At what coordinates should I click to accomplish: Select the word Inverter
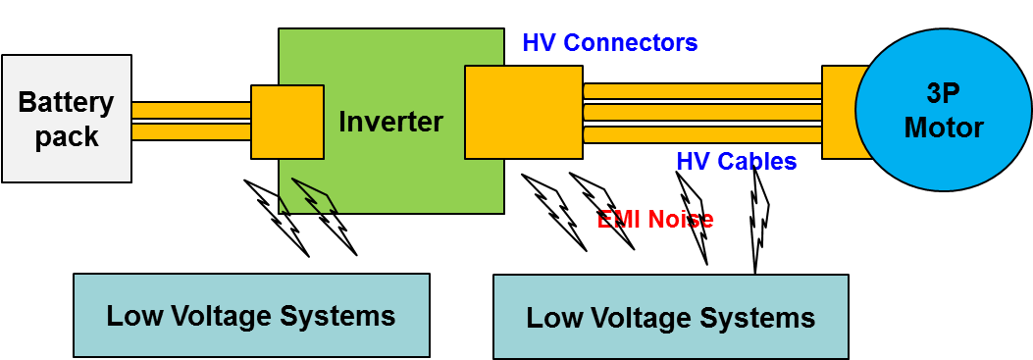coord(390,123)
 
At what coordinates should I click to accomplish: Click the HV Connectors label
coord(609,43)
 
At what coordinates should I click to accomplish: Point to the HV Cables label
coord(736,162)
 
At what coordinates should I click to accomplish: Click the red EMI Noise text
coord(655,219)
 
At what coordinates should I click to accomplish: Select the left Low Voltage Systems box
coord(251,315)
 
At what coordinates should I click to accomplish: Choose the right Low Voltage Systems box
coord(670,317)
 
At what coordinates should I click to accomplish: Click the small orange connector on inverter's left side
coord(287,122)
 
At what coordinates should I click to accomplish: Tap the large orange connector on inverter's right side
coord(523,112)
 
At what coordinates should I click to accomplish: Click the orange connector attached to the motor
coord(838,112)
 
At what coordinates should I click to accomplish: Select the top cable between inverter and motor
coord(702,91)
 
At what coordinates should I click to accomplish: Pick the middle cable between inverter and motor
coord(702,113)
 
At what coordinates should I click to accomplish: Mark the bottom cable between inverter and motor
coord(702,134)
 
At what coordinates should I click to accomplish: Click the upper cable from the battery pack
coord(191,110)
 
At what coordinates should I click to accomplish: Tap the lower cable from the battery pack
coord(191,131)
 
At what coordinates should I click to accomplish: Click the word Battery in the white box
coord(67,103)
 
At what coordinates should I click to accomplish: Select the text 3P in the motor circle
coord(944,95)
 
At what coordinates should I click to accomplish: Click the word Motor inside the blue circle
coord(944,128)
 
